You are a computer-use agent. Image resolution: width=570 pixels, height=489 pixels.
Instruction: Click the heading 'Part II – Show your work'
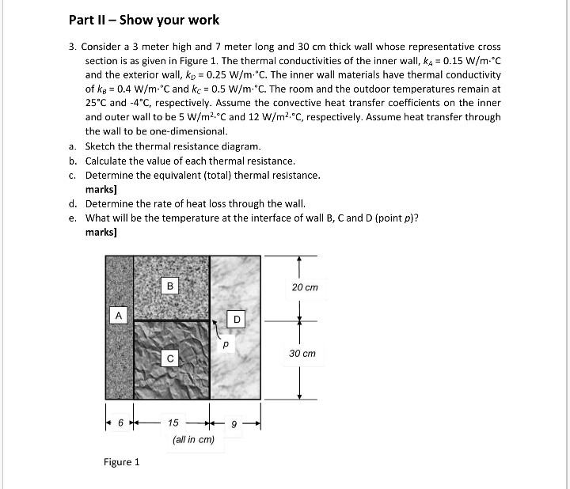(143, 20)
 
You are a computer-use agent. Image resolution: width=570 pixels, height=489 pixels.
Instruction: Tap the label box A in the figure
(118, 315)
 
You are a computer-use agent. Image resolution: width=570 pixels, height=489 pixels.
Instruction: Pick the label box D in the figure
(236, 320)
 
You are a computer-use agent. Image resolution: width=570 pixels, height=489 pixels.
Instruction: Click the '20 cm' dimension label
(304, 287)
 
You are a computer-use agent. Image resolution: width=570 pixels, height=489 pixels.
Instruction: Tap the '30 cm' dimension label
(302, 354)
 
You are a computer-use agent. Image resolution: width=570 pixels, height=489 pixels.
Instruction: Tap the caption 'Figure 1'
(121, 462)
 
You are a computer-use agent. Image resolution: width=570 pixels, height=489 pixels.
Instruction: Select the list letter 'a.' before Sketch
(72, 146)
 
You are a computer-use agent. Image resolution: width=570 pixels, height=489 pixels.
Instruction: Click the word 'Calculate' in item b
(107, 161)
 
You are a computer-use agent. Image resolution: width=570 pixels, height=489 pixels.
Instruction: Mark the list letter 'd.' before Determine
(72, 203)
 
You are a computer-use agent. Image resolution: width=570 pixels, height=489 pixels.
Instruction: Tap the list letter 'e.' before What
(72, 218)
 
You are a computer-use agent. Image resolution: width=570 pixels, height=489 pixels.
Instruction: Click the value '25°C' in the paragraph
(98, 103)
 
